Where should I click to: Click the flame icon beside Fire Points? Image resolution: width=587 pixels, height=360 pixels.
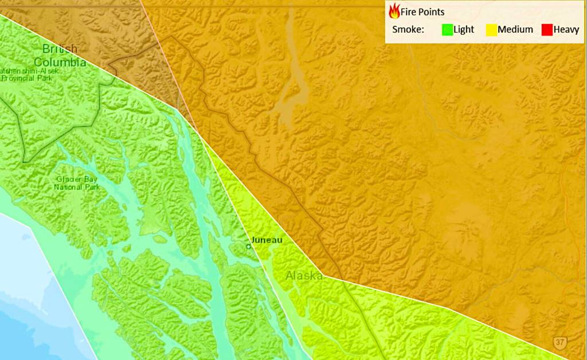tap(394, 11)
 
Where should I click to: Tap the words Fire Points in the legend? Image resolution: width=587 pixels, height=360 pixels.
tap(422, 12)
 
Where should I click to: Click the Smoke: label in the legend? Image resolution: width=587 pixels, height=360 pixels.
tap(408, 30)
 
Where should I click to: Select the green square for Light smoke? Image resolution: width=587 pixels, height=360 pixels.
tap(447, 30)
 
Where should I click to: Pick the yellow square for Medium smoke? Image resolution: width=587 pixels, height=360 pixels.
tap(491, 30)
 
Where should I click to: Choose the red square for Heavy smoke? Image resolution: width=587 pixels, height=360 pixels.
tap(546, 30)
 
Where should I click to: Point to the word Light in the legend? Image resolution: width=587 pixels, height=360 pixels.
tap(464, 30)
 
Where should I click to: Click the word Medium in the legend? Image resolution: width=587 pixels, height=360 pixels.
tap(515, 30)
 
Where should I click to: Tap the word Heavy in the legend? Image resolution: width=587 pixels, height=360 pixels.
tap(566, 30)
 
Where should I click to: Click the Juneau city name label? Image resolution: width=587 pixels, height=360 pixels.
tap(267, 240)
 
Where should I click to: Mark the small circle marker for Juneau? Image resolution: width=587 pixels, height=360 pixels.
tap(248, 246)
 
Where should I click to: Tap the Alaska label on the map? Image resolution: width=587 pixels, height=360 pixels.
tap(304, 276)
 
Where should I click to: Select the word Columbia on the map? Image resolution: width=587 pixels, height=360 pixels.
tap(60, 61)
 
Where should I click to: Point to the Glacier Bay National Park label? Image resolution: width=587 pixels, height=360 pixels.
tap(77, 183)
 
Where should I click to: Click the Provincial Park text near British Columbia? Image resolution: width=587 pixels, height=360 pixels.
tap(26, 78)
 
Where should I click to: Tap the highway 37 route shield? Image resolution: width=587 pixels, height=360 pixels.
tap(560, 342)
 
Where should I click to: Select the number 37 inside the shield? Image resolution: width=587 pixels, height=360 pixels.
tap(560, 342)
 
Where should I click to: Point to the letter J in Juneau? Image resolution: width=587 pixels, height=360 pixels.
tap(253, 240)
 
